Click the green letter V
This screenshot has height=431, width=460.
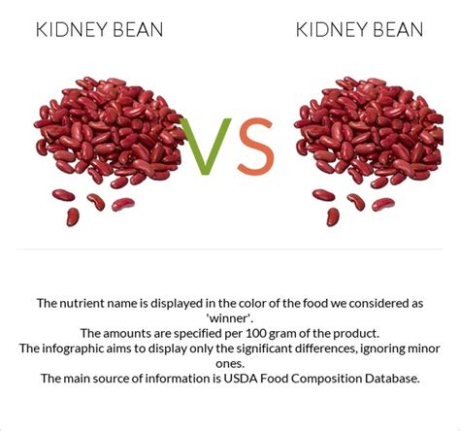point(206,147)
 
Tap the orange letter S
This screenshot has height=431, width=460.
point(256,147)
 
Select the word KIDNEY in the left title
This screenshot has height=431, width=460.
point(72,29)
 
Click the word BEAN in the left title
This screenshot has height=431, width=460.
point(138,29)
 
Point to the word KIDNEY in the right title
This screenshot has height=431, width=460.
point(332,29)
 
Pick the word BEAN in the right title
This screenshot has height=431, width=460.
point(399,29)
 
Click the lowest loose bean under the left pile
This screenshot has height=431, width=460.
point(73,216)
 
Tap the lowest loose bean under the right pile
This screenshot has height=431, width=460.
point(333,216)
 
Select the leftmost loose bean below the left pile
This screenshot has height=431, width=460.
point(63,195)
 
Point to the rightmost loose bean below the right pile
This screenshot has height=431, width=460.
point(383,204)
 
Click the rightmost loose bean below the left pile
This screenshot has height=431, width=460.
point(123,204)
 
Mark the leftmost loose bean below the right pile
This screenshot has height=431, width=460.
point(323,195)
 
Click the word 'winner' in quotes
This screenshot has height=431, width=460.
point(230,318)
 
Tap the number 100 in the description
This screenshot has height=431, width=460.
point(256,333)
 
